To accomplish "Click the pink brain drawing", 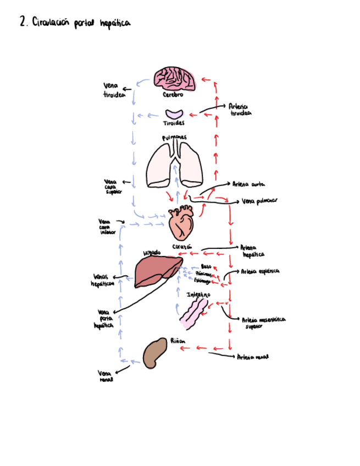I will [x=175, y=78].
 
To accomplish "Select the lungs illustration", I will [x=175, y=165].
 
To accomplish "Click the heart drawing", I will [x=181, y=222].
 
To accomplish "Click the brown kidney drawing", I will [x=155, y=353].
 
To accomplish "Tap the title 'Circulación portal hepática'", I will [x=75, y=23].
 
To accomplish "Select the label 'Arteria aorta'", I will [x=249, y=185].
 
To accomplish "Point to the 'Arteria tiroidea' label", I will [x=240, y=110].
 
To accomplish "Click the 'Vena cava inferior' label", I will [x=107, y=226].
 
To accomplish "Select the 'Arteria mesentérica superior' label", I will [x=263, y=322].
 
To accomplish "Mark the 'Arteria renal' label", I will [x=252, y=357].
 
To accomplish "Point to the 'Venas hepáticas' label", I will [x=103, y=280].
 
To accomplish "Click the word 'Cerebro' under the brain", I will [x=173, y=95].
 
